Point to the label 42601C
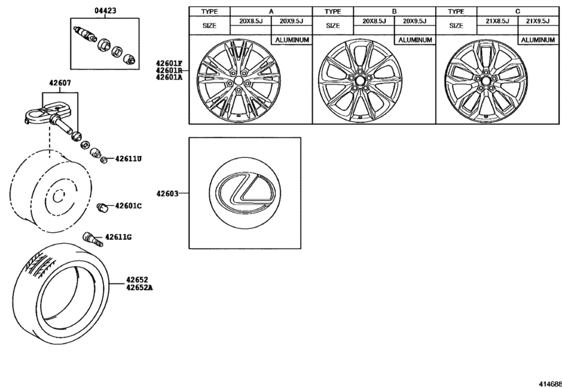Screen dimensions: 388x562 (128, 206)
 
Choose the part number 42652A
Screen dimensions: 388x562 (139, 287)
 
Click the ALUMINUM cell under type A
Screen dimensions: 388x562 (292, 40)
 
